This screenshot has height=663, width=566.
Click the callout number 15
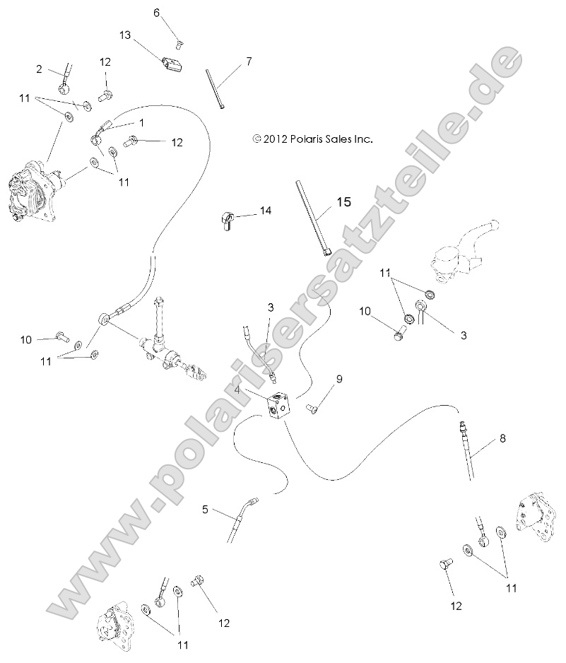(x=343, y=202)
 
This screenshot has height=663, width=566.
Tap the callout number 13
(x=125, y=35)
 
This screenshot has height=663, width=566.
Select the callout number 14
(x=265, y=211)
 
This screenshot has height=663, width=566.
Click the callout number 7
(x=248, y=61)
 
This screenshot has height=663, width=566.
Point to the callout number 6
(x=157, y=12)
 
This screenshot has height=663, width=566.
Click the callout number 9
(x=338, y=380)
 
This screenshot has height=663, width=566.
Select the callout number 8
(x=502, y=438)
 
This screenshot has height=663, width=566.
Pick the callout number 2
(x=40, y=69)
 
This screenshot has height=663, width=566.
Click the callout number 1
(x=141, y=122)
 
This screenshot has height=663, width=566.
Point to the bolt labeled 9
(x=312, y=406)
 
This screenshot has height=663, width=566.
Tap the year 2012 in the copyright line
(x=275, y=139)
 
